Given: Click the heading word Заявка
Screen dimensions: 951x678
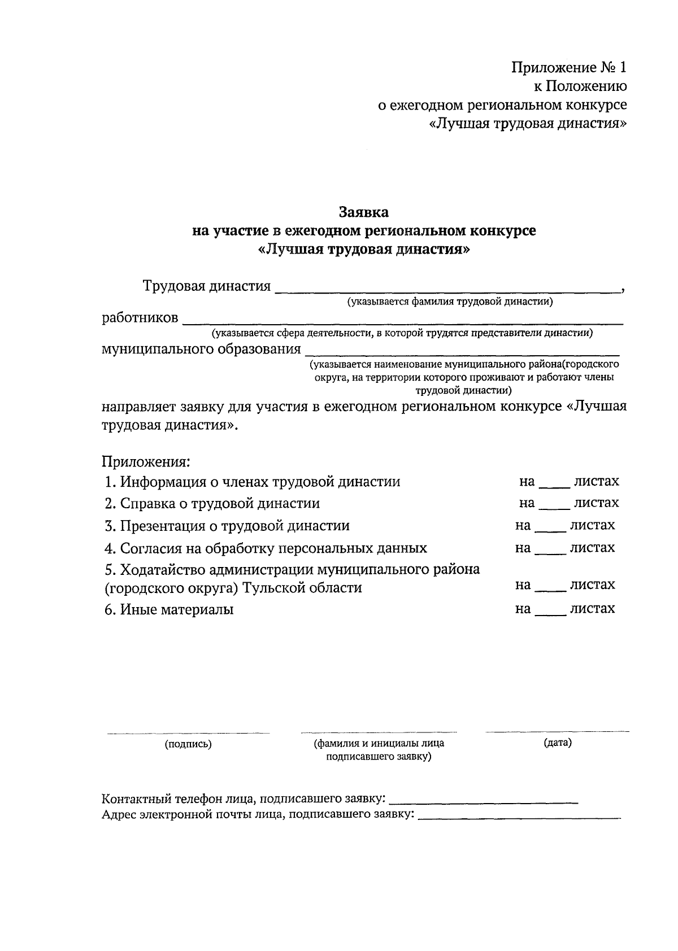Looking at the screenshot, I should pos(363,212).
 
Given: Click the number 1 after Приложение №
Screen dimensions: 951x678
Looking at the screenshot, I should pos(621,68).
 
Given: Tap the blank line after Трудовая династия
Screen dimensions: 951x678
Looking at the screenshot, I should pos(446,290).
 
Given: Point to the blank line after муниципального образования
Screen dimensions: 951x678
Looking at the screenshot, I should pos(462,353).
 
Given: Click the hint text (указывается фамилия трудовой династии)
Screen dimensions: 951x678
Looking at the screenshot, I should pos(450,302).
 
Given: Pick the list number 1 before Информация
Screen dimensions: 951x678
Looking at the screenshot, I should pos(110,482).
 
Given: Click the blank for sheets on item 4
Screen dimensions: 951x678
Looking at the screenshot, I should pos(550,552).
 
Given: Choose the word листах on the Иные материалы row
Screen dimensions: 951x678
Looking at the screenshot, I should pos(592,609).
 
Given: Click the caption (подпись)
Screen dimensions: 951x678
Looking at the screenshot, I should pos(188,744).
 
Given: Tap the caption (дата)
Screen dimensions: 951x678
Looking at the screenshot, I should pos(558,743).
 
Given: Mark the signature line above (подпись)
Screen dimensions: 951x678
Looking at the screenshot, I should pos(188,733).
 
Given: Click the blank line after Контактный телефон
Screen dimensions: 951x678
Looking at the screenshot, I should pos(484,802).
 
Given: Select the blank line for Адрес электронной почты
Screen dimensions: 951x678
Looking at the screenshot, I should pos(519,817).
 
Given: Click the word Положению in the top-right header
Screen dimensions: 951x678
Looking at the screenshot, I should pos(589,86).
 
